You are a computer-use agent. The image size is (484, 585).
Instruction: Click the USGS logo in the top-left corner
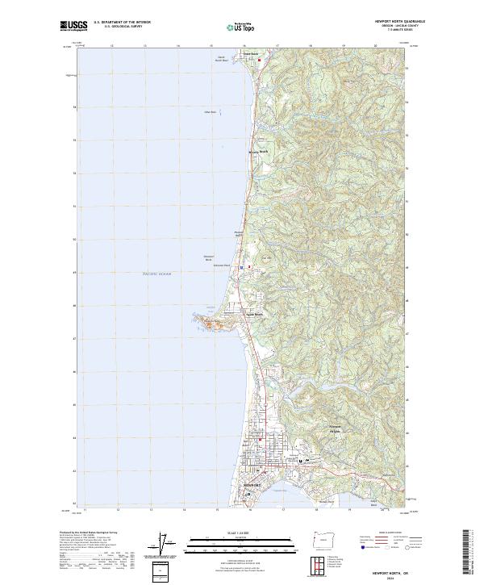click(72, 27)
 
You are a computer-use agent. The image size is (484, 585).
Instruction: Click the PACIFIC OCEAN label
click(157, 274)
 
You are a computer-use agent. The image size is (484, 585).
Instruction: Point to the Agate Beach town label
click(255, 315)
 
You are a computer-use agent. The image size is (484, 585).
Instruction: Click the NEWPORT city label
click(252, 486)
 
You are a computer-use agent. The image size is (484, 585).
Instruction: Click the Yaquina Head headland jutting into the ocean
click(208, 324)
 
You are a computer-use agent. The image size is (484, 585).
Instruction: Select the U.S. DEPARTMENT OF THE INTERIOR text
click(122, 23)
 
